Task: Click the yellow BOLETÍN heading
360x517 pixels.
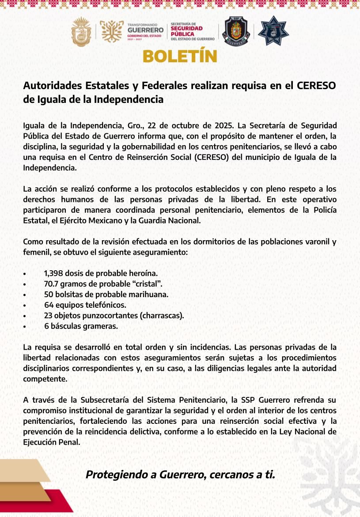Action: [x=180, y=57]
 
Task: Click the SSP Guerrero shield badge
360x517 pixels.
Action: [x=237, y=31]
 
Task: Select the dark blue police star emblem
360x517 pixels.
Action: [x=273, y=31]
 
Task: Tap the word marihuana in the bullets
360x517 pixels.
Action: [x=148, y=294]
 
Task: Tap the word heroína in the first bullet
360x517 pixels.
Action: [x=144, y=273]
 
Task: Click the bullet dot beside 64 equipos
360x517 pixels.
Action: [x=25, y=305]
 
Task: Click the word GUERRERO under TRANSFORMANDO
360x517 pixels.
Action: [x=145, y=30]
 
